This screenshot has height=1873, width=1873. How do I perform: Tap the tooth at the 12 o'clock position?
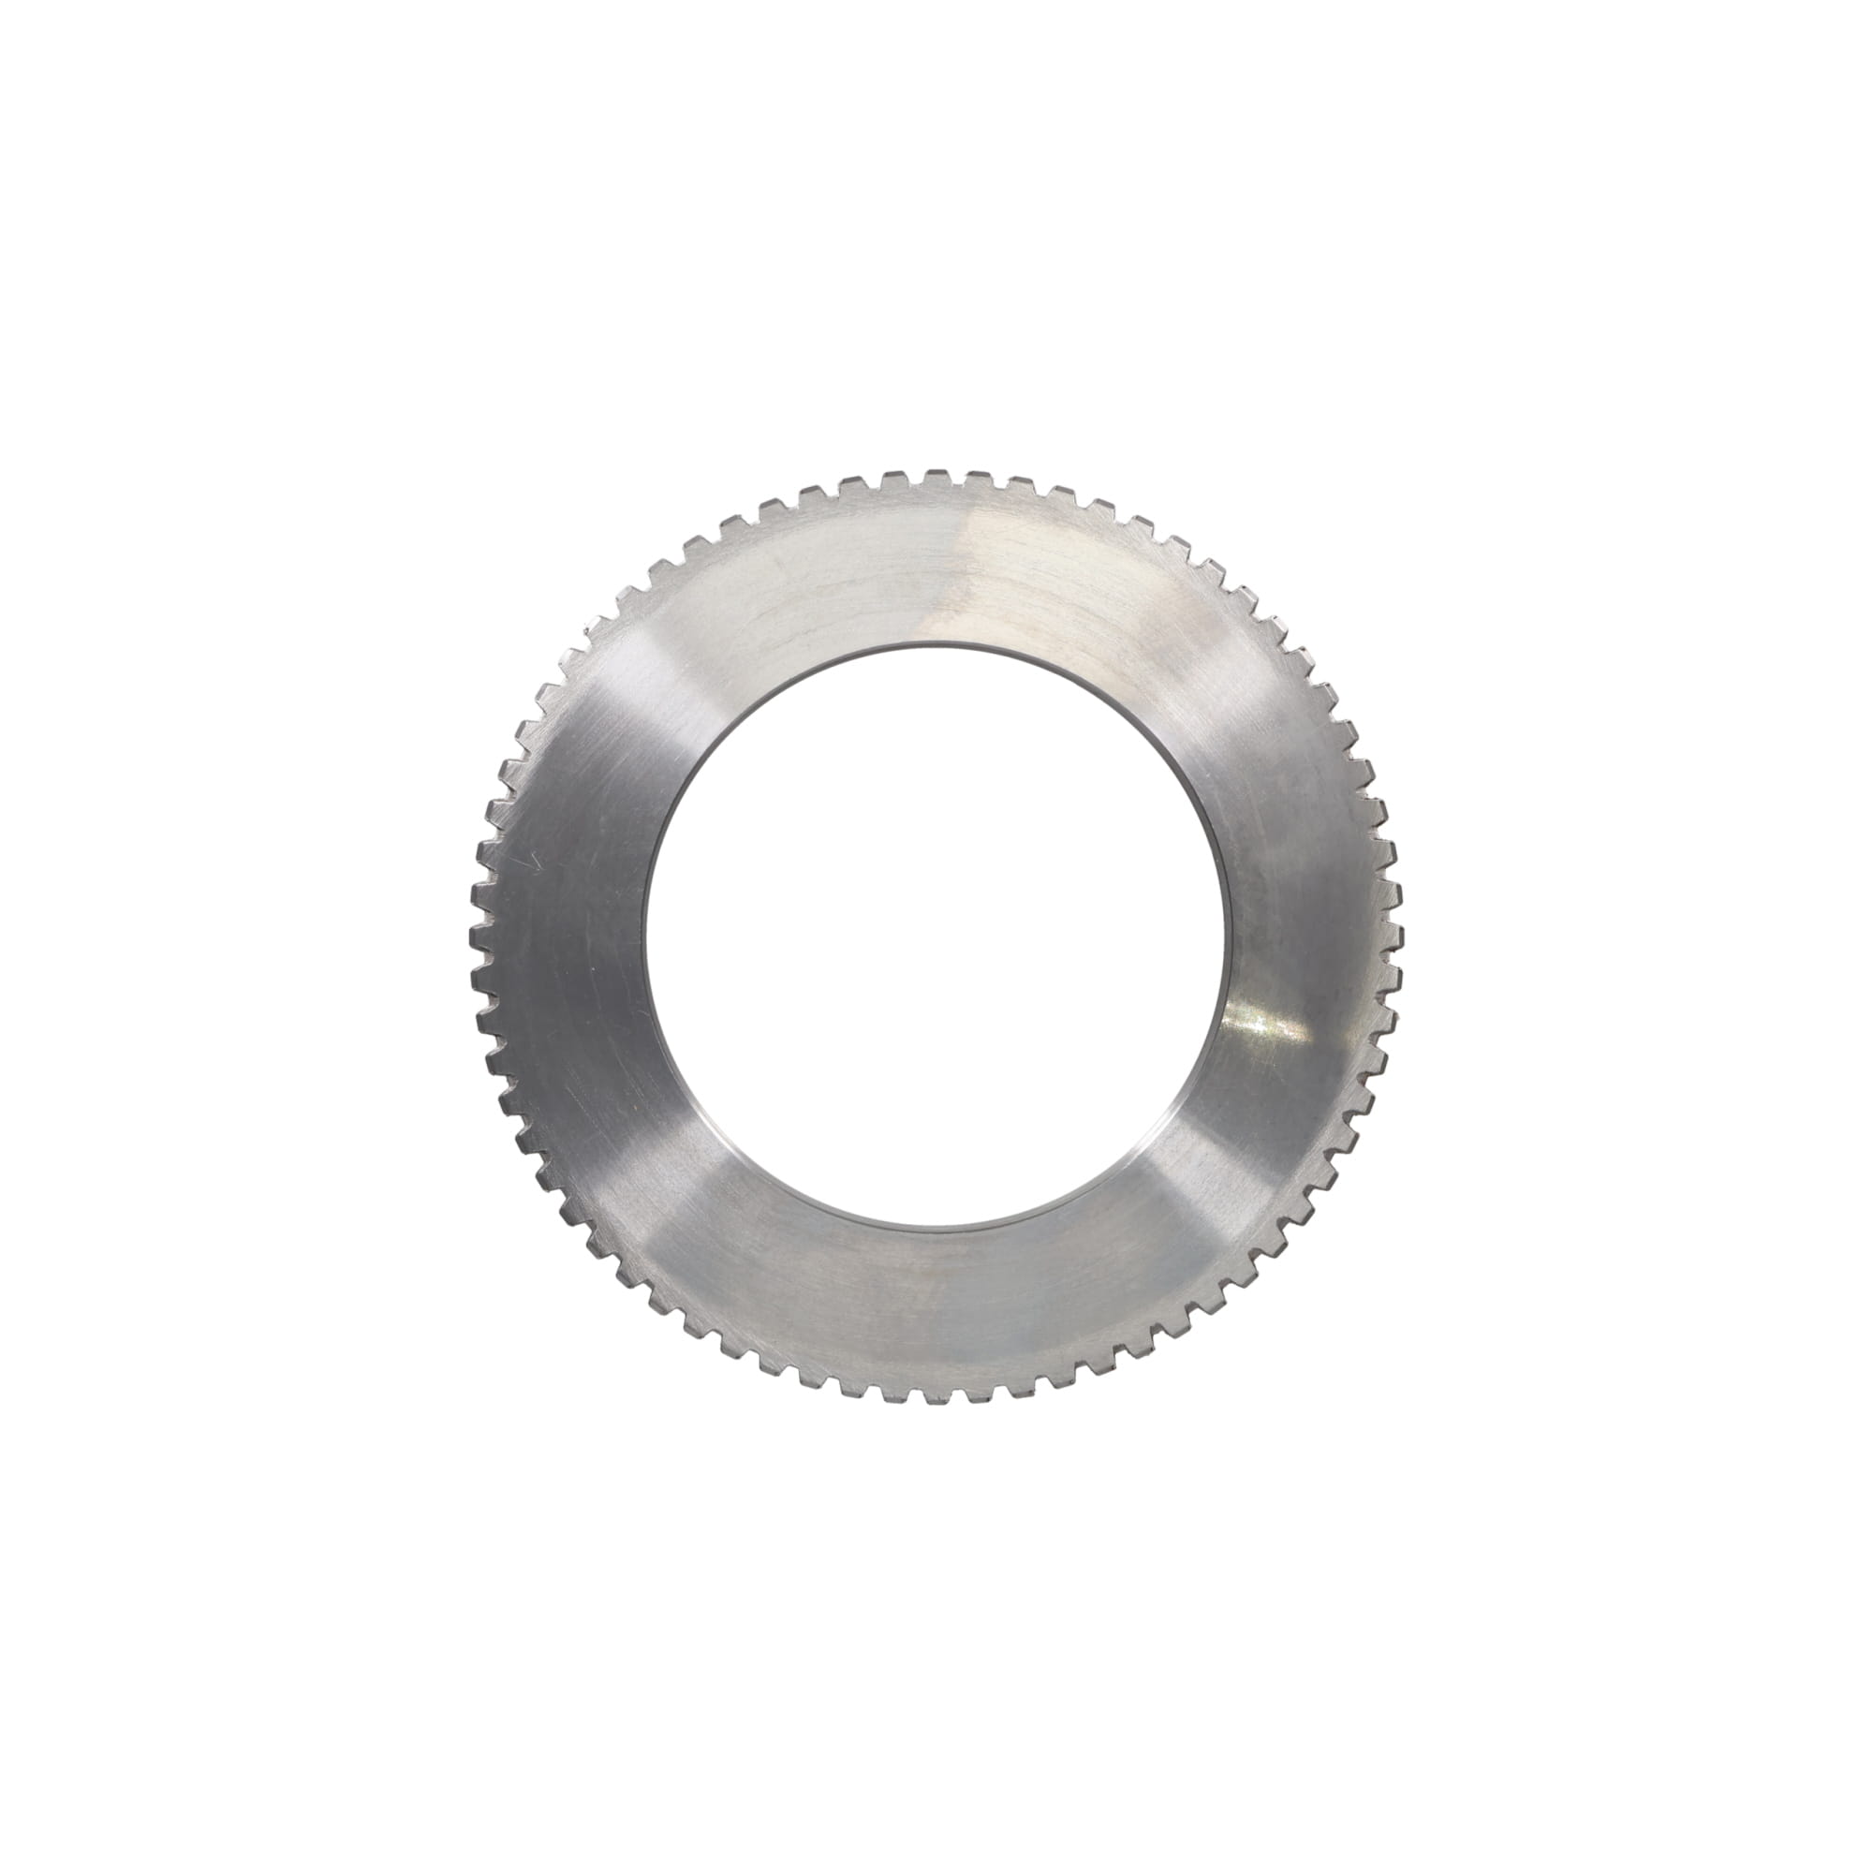(x=935, y=477)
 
